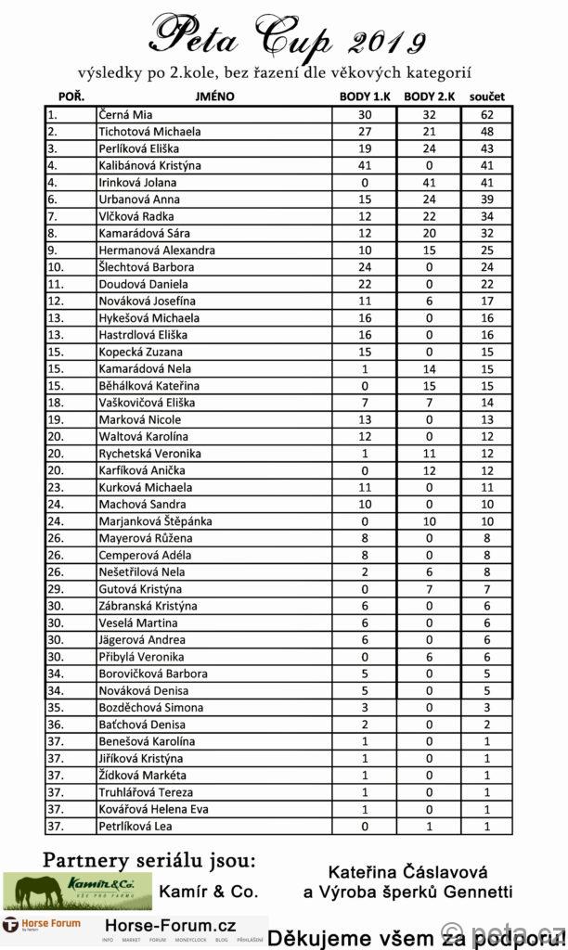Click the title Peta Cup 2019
(x=287, y=37)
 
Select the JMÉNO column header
(x=214, y=96)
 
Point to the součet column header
(x=486, y=96)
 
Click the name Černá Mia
(x=125, y=115)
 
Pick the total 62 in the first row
(x=487, y=115)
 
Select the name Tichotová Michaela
(x=149, y=132)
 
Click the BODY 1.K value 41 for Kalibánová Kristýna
(x=365, y=165)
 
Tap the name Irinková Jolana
(x=137, y=183)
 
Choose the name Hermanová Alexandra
(x=157, y=250)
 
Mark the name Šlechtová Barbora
(x=146, y=267)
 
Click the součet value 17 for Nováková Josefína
(x=487, y=302)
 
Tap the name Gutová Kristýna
(x=139, y=589)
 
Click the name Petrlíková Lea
(x=137, y=826)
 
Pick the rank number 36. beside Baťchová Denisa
(x=57, y=725)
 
